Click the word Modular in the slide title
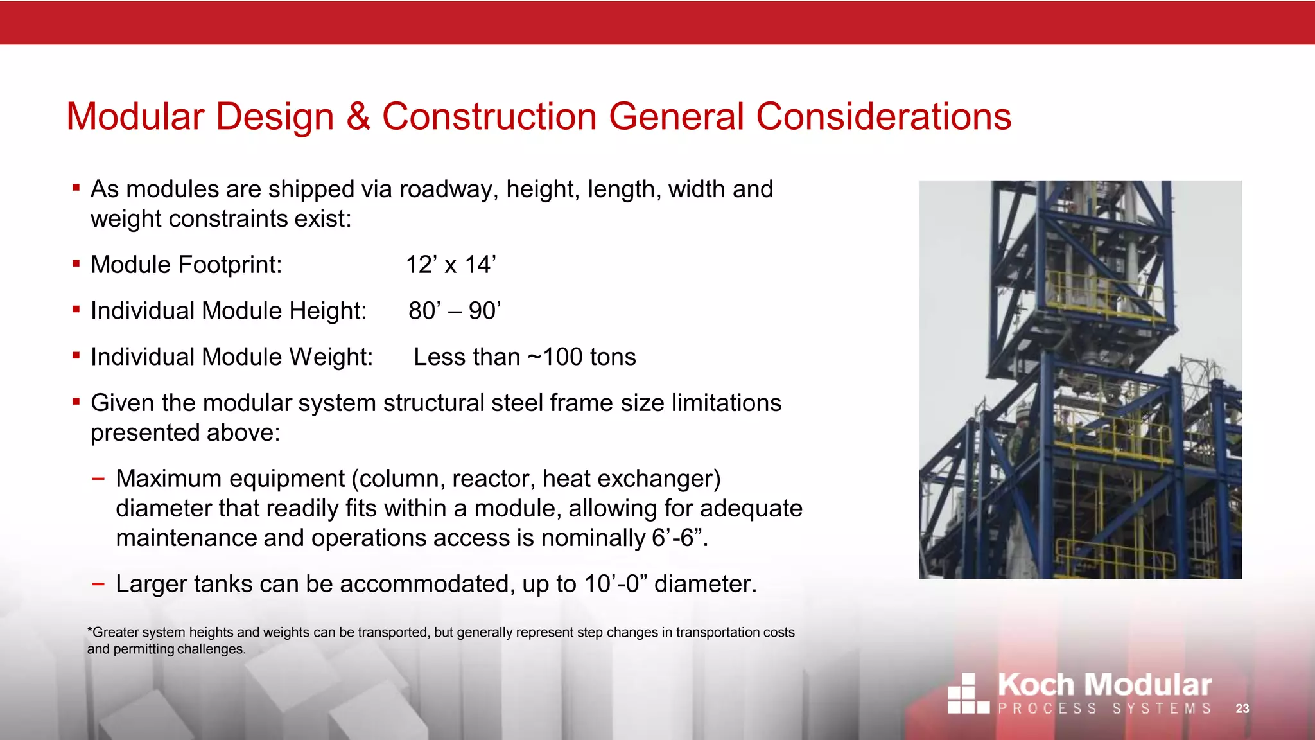pos(135,117)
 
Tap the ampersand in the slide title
pos(358,117)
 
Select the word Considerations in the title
pos(883,117)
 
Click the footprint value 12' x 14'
pos(451,265)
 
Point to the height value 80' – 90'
pos(454,311)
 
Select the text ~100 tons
pos(582,357)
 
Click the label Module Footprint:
pos(186,265)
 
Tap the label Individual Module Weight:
pos(231,357)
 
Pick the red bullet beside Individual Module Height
pos(76,310)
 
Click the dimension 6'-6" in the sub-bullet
pos(677,538)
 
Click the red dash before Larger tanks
pos(98,584)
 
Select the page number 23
pos(1242,709)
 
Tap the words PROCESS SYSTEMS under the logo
pos(1104,709)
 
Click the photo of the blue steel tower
pos(1080,379)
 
